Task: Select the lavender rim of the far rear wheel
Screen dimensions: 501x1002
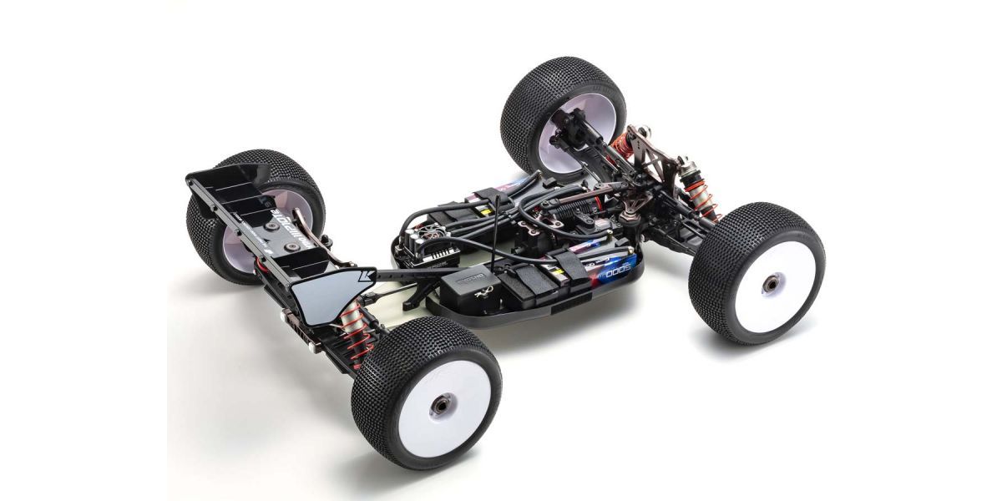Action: point(238,234)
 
